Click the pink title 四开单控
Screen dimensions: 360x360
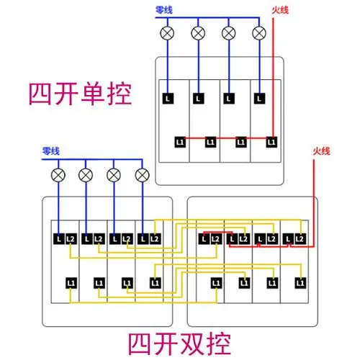pos(81,95)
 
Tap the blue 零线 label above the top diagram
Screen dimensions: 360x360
pos(165,11)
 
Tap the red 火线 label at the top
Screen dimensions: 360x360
pos(280,11)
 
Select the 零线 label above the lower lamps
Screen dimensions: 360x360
pos(51,151)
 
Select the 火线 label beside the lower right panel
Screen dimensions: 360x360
pos(321,151)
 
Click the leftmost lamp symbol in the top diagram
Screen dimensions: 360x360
pos(168,32)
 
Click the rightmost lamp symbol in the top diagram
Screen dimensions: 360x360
pos(259,32)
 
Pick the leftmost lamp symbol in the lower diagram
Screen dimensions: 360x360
pos(57,175)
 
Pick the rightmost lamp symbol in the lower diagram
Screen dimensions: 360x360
pos(143,175)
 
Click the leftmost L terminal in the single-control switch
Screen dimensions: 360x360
pos(168,96)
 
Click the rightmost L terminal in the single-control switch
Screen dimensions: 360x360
pos(259,96)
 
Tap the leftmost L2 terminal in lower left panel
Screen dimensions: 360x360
pos(70,238)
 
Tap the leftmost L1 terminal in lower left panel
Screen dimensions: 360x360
pos(70,282)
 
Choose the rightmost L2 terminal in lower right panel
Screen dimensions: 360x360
pos(300,238)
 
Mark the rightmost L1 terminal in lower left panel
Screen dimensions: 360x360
pos(155,282)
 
